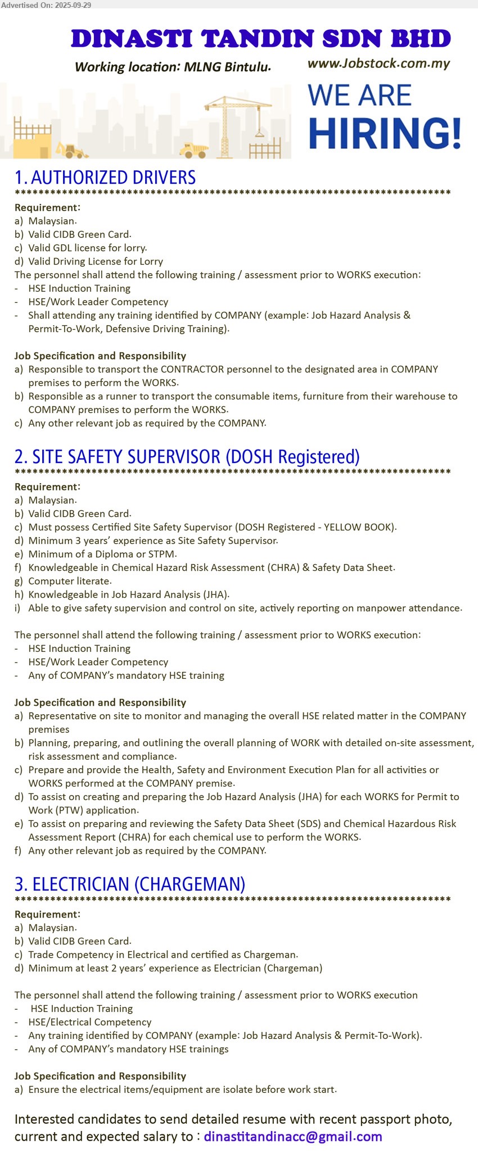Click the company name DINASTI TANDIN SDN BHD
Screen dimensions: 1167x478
point(260,39)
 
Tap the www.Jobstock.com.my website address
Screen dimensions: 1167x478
point(378,63)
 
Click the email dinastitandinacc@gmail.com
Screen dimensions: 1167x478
point(292,1136)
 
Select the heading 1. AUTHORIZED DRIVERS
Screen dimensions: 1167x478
point(105,178)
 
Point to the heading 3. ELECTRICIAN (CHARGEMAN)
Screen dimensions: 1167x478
point(130,884)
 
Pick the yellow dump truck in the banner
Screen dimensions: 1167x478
point(194,150)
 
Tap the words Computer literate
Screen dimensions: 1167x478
point(70,581)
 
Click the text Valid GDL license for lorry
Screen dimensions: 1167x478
point(87,248)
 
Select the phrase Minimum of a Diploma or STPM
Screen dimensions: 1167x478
point(102,554)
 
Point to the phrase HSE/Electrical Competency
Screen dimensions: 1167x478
point(90,1022)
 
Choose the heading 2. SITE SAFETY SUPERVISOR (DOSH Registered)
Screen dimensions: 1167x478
point(187,457)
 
